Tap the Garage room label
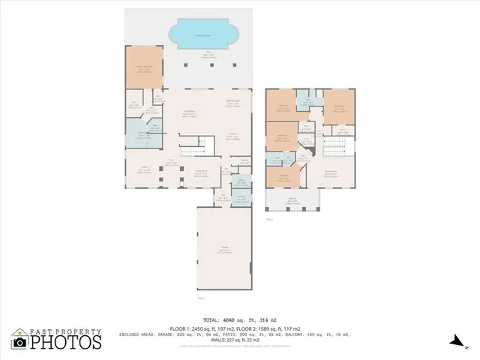coord(224,250)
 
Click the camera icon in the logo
coord(20,342)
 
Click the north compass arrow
coord(455,341)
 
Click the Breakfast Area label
coord(232,103)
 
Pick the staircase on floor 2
coord(332,146)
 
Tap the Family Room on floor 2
coord(330,173)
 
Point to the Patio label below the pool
coord(199,53)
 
